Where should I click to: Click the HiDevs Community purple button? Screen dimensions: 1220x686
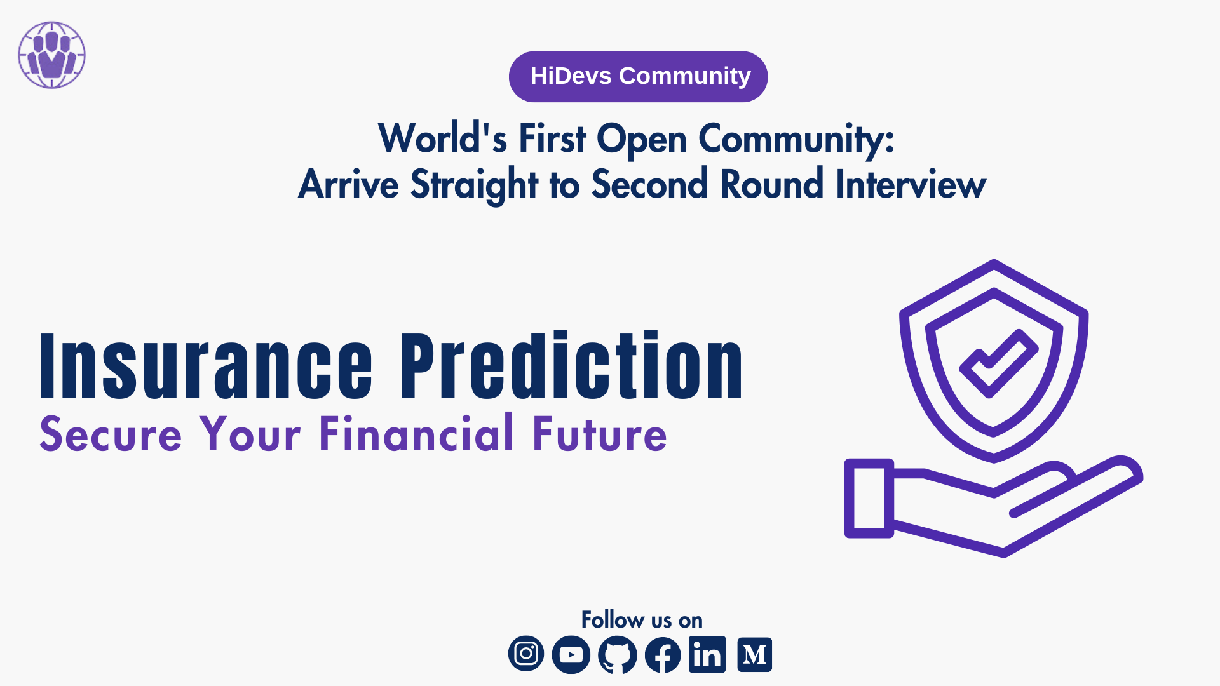pyautogui.click(x=638, y=77)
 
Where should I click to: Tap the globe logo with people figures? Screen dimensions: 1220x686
pyautogui.click(x=51, y=55)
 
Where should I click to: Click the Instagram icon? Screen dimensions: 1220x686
pyautogui.click(x=526, y=654)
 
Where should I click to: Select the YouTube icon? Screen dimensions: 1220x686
pyautogui.click(x=571, y=654)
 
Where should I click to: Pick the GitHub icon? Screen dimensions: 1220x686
pyautogui.click(x=618, y=654)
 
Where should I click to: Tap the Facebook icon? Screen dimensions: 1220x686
pyautogui.click(x=663, y=654)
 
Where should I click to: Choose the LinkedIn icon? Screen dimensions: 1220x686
pyautogui.click(x=707, y=654)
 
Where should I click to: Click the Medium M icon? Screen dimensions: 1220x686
pyautogui.click(x=755, y=654)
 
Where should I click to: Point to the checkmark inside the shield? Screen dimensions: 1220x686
pyautogui.click(x=999, y=363)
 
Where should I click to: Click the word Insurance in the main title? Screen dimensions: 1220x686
pyautogui.click(x=207, y=366)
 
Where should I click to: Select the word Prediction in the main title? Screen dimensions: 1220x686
pyautogui.click(x=571, y=366)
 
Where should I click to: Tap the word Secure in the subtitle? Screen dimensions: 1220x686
pyautogui.click(x=111, y=434)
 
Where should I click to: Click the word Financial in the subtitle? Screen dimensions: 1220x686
pyautogui.click(x=416, y=433)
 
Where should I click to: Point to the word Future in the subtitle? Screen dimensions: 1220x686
pyautogui.click(x=600, y=434)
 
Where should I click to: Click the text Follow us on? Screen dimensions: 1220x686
pyautogui.click(x=642, y=619)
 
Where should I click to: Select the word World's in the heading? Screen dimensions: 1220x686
pyautogui.click(x=443, y=138)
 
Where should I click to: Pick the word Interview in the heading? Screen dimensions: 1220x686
pyautogui.click(x=911, y=184)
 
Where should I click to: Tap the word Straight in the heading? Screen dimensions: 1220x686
pyautogui.click(x=475, y=185)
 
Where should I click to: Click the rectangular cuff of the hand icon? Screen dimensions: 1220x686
pyautogui.click(x=869, y=498)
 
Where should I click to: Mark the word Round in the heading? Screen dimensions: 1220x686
pyautogui.click(x=772, y=184)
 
